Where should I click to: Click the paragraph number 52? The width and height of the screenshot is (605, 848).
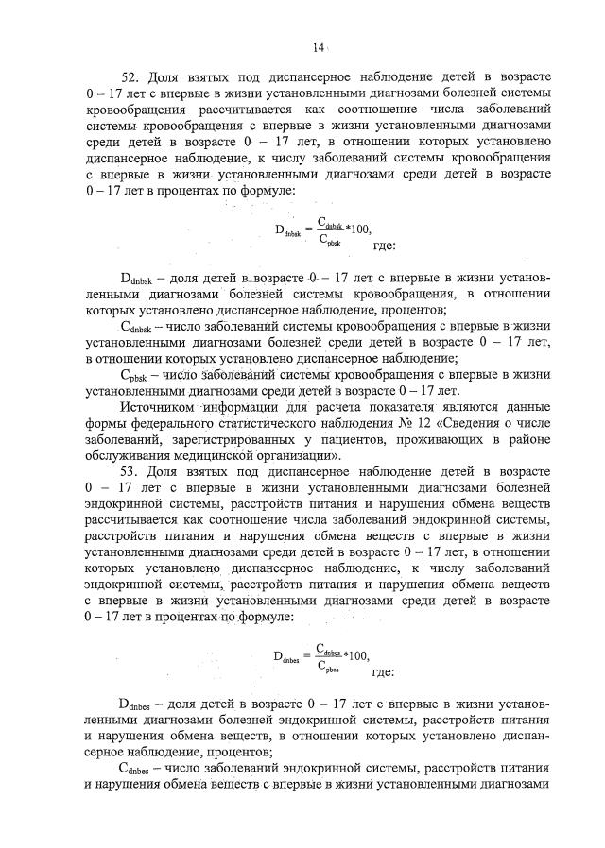pyautogui.click(x=131, y=75)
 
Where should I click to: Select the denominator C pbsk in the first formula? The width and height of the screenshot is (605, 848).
pyautogui.click(x=327, y=240)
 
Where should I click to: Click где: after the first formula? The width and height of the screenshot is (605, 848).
pyautogui.click(x=386, y=246)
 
